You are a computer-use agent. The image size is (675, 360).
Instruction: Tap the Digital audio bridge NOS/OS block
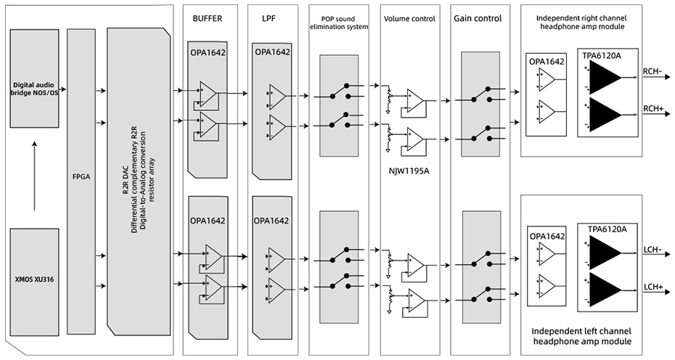[34, 87]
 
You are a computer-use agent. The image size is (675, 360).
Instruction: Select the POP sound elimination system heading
[340, 21]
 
